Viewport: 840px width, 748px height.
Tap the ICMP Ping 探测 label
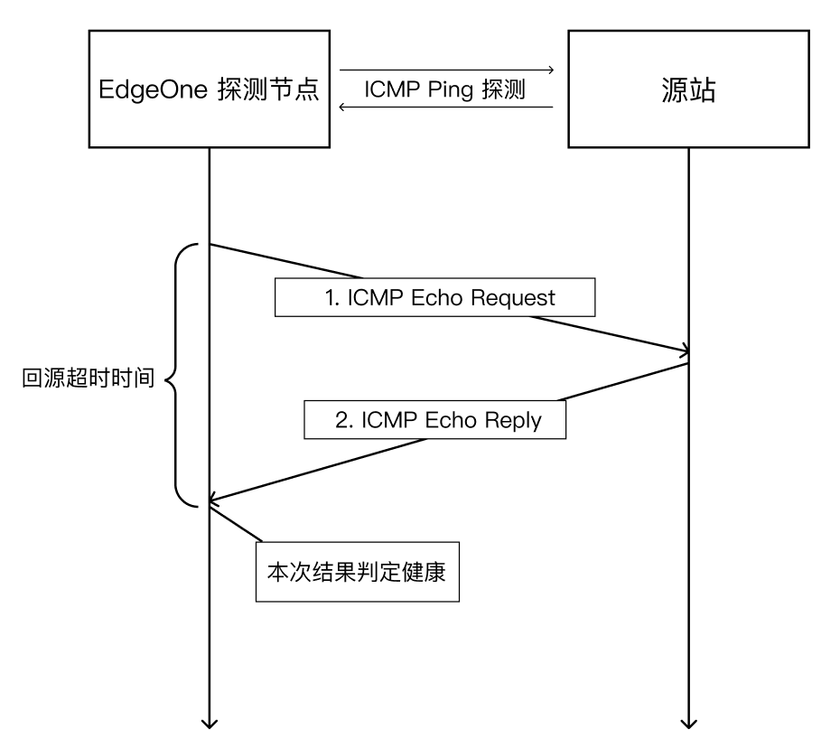[x=445, y=90]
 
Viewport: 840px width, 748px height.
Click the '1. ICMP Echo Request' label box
[x=435, y=297]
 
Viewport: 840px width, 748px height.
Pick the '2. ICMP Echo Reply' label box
[x=435, y=419]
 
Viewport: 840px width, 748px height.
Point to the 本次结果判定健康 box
[x=358, y=572]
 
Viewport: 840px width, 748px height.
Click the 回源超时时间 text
[x=87, y=379]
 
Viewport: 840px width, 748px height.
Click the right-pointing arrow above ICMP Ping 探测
[x=445, y=69]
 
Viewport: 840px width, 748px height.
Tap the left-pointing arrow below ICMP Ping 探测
[x=445, y=108]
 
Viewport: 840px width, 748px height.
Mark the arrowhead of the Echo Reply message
[x=213, y=498]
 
